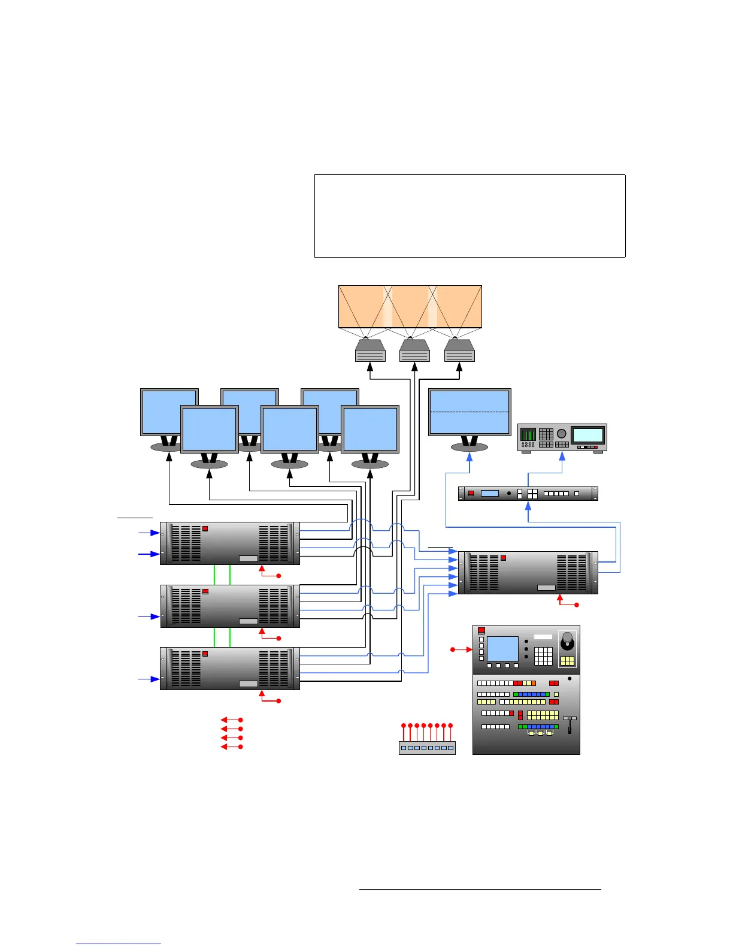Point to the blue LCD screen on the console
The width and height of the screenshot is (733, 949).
pos(502,649)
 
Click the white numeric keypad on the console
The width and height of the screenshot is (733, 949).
pos(543,656)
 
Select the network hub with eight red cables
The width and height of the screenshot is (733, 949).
pos(427,747)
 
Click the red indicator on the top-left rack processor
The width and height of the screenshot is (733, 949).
pos(205,528)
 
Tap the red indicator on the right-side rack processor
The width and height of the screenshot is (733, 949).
pos(504,558)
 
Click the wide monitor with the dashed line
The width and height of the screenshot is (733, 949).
pos(470,412)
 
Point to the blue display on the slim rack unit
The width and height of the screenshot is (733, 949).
pos(489,494)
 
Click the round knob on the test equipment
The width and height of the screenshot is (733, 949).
pos(561,434)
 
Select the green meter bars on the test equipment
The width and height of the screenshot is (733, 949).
pos(528,434)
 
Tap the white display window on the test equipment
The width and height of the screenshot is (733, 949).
pos(587,435)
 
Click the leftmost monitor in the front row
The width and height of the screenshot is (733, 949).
pos(210,429)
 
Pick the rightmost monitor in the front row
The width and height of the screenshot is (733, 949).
pos(370,429)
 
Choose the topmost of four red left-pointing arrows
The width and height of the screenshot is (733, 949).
pos(231,720)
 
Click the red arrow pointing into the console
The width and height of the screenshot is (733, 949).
pos(462,649)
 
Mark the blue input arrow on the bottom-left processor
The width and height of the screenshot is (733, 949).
pos(149,679)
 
